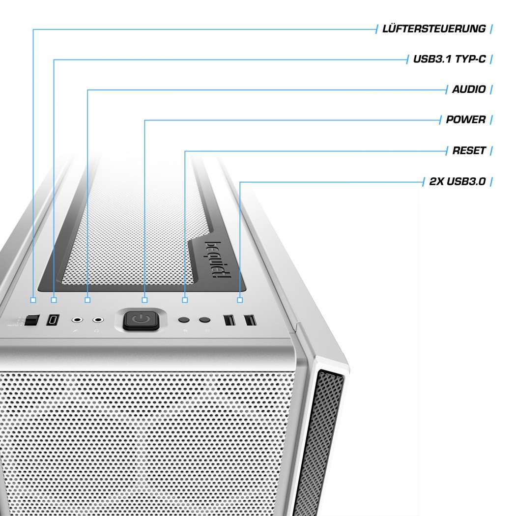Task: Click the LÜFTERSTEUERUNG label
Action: (434, 29)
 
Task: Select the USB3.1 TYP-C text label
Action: (449, 59)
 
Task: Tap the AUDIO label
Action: (469, 89)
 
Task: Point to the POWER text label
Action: (465, 120)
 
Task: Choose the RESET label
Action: (469, 150)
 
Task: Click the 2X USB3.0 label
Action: (457, 181)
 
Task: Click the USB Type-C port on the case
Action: (52, 320)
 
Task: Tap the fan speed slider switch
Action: (32, 320)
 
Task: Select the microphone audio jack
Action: (77, 320)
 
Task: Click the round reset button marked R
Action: (184, 320)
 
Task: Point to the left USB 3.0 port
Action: (229, 320)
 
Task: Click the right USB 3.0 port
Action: (250, 320)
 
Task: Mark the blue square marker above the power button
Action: (144, 299)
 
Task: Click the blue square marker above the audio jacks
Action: (87, 299)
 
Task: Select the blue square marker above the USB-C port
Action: (54, 299)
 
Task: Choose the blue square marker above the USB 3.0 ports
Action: (240, 299)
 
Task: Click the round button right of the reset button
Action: (205, 320)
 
